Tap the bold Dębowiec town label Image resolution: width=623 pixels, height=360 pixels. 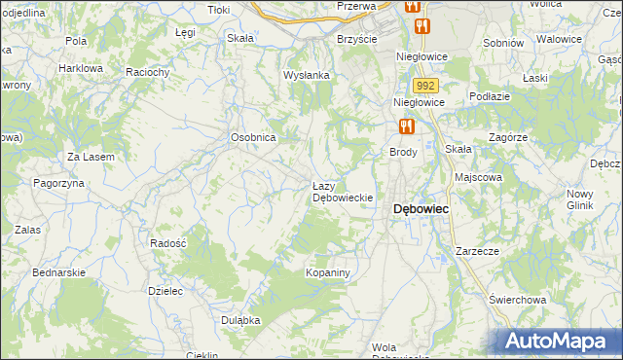421,208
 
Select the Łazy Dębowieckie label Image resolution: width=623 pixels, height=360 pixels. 343,191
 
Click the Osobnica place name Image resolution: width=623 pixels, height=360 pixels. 254,138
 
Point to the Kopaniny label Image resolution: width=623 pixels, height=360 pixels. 327,272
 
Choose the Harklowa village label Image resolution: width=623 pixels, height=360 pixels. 81,69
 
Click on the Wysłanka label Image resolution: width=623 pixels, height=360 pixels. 307,75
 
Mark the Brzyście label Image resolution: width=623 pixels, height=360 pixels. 356,38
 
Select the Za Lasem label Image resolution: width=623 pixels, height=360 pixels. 91,157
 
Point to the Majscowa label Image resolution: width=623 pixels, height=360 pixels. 478,178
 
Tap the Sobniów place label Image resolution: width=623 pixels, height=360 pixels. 503,43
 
